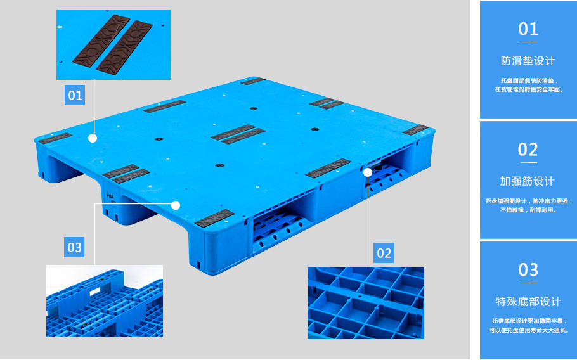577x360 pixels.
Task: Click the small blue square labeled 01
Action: click(x=75, y=95)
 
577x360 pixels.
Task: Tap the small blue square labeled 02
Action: click(x=384, y=253)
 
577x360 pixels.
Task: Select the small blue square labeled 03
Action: click(x=74, y=247)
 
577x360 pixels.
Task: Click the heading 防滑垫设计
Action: click(x=528, y=61)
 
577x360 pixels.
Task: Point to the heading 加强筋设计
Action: click(x=527, y=181)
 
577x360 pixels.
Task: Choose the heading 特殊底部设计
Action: click(x=528, y=302)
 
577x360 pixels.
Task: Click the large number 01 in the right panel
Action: click(x=528, y=29)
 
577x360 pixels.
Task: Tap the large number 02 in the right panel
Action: click(x=528, y=150)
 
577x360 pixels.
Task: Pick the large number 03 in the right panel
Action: click(x=528, y=269)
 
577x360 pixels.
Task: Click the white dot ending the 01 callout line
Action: click(x=93, y=138)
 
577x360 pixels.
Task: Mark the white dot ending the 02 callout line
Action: click(x=368, y=172)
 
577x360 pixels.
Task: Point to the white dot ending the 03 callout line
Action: click(x=176, y=205)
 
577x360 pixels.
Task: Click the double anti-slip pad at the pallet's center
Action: click(x=238, y=134)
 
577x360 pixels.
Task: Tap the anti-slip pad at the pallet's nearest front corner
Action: click(x=214, y=217)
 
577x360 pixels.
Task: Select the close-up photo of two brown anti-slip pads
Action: click(x=113, y=44)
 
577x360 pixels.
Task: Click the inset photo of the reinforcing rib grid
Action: click(x=366, y=303)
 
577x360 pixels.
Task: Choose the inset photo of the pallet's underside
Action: click(x=105, y=301)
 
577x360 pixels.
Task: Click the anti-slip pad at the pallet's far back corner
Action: click(x=253, y=81)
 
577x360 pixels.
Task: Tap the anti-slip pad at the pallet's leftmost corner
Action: click(x=55, y=138)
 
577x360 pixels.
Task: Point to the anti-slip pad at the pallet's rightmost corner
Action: click(x=415, y=130)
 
